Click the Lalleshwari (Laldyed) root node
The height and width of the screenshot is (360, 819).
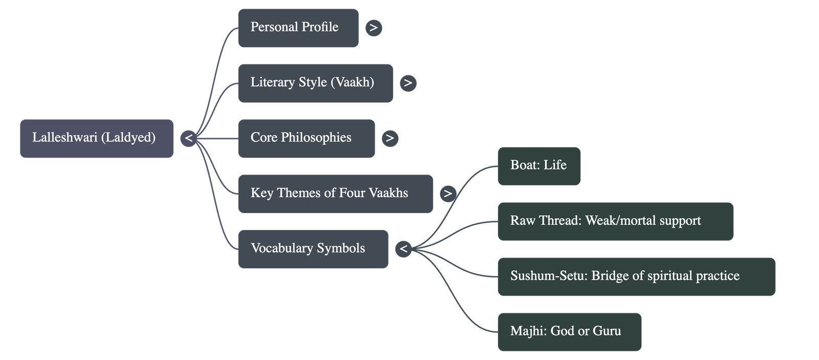pos(96,138)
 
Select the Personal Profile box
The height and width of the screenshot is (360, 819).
pos(298,28)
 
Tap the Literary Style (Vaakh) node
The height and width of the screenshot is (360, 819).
pos(315,83)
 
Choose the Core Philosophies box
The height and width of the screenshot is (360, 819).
pos(306,138)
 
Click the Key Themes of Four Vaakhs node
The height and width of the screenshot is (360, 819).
pos(335,194)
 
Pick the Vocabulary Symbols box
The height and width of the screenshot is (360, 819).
pos(313,249)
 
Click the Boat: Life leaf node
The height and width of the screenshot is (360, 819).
pos(538,166)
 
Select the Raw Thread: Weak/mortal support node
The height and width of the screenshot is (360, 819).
pos(615,221)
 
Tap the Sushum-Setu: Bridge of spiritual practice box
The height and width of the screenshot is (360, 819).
pos(636,277)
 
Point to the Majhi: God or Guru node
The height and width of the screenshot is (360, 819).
pos(569,332)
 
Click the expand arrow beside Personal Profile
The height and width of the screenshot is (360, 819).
pos(374,28)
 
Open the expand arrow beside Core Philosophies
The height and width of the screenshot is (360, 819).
pos(390,138)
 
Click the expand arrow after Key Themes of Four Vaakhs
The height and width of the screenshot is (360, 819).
pos(448,194)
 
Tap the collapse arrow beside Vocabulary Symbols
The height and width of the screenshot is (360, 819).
pos(403,249)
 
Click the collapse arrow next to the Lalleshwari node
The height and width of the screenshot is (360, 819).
pos(188,138)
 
